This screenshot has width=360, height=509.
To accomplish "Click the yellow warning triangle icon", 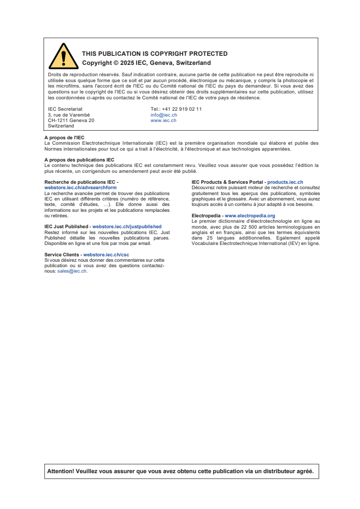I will click(x=64, y=57).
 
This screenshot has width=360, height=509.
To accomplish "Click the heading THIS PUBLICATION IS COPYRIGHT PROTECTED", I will click(x=154, y=54).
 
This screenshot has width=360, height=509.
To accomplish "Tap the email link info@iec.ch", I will click(x=163, y=115).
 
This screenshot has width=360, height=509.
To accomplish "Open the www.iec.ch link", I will click(x=163, y=120).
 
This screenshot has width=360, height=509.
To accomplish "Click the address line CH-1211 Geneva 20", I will click(x=71, y=120).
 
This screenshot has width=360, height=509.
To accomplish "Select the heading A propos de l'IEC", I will click(x=64, y=137).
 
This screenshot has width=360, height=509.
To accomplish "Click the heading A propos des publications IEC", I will click(x=79, y=160).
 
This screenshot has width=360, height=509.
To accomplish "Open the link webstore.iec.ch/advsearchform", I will click(x=80, y=187).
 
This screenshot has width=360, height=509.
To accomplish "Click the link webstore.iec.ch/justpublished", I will click(x=127, y=226).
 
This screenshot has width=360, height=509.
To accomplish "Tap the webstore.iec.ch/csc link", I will click(x=106, y=255).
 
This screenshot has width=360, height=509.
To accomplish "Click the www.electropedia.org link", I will click(x=250, y=215).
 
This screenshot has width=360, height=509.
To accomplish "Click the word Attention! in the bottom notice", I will click(x=60, y=471).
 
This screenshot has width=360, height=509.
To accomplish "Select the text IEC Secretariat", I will click(x=65, y=109).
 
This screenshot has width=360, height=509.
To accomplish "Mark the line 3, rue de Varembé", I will click(x=69, y=115).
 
